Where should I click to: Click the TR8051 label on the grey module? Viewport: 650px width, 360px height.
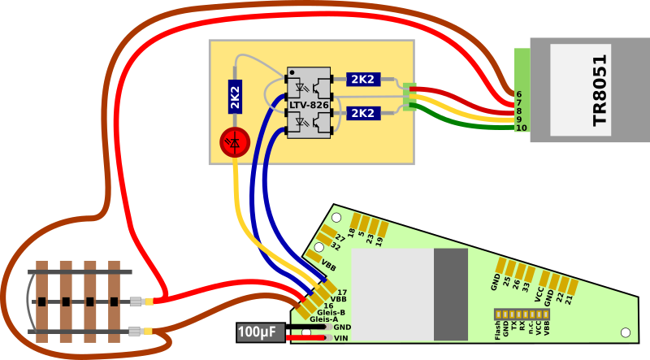click(x=600, y=89)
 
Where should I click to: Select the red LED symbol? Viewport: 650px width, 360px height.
click(x=235, y=143)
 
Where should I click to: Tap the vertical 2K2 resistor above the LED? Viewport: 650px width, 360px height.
click(x=235, y=97)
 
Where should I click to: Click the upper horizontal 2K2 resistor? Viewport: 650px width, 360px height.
click(x=362, y=79)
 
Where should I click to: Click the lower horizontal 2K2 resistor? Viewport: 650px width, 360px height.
click(x=362, y=112)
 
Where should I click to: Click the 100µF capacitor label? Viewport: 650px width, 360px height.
click(x=258, y=332)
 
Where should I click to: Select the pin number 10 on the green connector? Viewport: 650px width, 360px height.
click(x=521, y=128)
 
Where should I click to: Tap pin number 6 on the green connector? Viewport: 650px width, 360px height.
click(x=518, y=94)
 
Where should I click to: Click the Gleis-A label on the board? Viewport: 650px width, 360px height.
click(x=323, y=319)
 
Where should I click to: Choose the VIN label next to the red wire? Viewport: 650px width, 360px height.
click(x=341, y=337)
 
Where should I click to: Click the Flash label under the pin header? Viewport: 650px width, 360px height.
click(x=497, y=328)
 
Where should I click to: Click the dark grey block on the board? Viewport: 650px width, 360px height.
click(x=451, y=293)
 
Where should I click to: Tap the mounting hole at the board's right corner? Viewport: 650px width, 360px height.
click(x=625, y=333)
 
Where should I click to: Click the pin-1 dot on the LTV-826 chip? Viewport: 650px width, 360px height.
click(x=292, y=72)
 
